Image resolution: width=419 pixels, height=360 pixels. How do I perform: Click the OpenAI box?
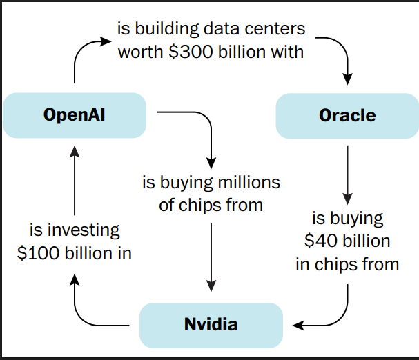[x=74, y=114]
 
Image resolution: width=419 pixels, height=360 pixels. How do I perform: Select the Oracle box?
[x=347, y=115]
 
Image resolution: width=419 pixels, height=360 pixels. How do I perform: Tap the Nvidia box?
[x=211, y=323]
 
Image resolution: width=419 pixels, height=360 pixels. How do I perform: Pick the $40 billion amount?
[x=347, y=241]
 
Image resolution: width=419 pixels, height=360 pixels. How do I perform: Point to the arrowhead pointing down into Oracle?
[x=347, y=72]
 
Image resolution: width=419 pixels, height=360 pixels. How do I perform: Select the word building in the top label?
[x=168, y=30]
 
